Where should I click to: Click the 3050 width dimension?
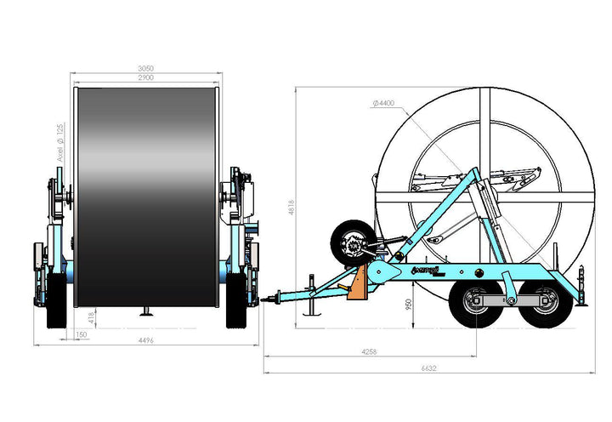147,69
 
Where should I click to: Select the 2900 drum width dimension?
147,77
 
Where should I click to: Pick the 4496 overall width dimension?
147,343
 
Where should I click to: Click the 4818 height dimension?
291,206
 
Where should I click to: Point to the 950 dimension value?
408,303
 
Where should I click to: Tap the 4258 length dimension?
370,350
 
